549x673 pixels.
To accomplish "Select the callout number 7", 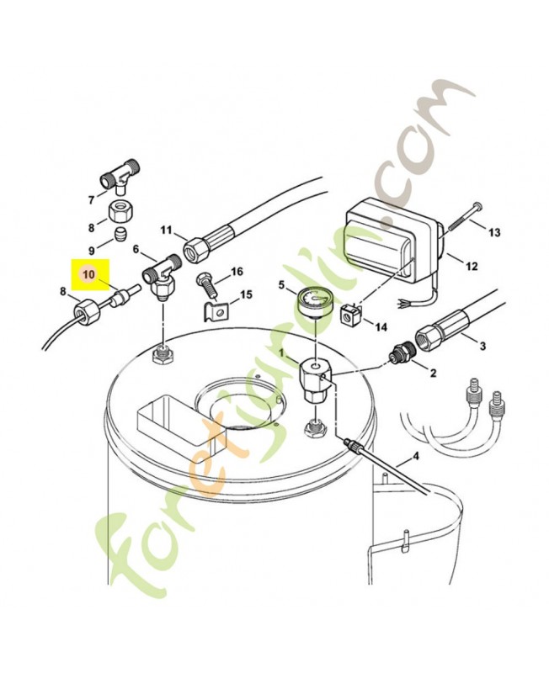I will pyautogui.click(x=91, y=199).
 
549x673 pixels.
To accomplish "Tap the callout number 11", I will pyautogui.click(x=166, y=231).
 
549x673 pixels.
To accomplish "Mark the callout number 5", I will pyautogui.click(x=282, y=286).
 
